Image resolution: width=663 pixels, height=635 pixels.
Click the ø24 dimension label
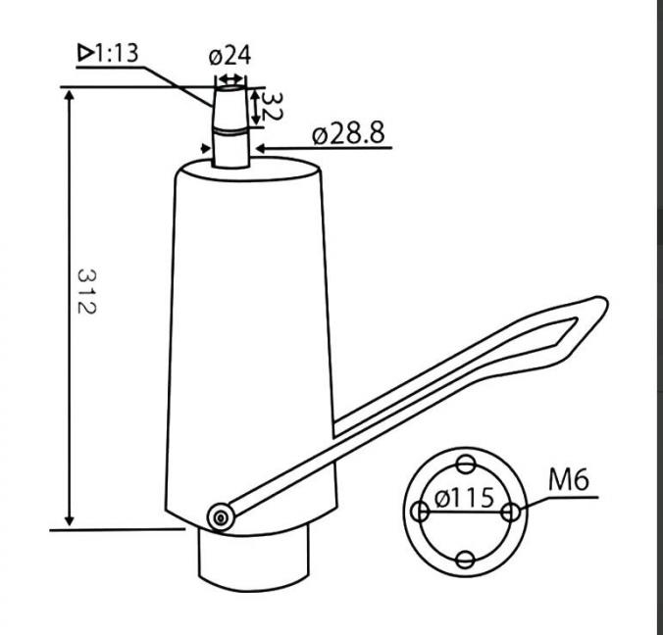[229, 56]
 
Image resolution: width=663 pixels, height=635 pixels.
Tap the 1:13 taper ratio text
[117, 53]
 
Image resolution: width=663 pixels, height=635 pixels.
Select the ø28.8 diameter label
[349, 133]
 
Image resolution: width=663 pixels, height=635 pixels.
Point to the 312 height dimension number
[86, 291]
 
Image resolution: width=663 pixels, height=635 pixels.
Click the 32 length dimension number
[271, 106]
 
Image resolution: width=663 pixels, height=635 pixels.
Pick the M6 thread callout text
[568, 479]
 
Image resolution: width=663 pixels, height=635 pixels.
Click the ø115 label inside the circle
[464, 497]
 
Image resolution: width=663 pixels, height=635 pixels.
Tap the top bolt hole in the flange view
[466, 464]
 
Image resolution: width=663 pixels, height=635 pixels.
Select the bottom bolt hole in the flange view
[466, 560]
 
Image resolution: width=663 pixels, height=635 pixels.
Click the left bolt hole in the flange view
[420, 512]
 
